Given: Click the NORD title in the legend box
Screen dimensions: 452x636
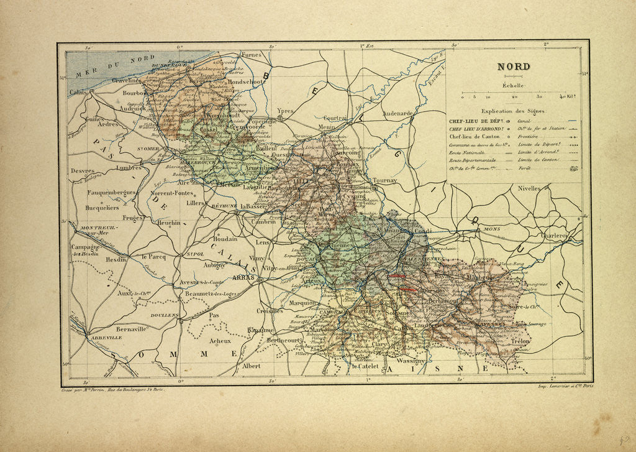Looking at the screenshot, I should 513,67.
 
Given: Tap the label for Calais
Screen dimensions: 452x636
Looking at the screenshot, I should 78,92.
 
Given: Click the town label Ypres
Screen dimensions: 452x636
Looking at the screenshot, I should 284,111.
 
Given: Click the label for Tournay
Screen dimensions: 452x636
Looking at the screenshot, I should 384,180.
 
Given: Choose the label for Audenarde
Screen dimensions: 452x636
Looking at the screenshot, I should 397,114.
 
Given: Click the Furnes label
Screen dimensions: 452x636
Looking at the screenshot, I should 252,55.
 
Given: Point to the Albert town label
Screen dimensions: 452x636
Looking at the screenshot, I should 252,366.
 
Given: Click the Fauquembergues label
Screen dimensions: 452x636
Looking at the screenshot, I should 111,193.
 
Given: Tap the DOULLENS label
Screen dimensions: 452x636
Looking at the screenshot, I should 164,315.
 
